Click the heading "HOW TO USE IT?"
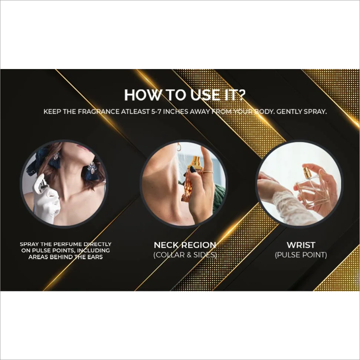(x=185, y=95)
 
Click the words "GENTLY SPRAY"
(x=301, y=112)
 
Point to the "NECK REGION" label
(x=185, y=245)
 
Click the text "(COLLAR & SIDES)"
(x=185, y=255)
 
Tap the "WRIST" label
(x=301, y=245)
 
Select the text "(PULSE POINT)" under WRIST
(x=301, y=255)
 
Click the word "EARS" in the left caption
(x=95, y=257)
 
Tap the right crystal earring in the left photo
(x=92, y=168)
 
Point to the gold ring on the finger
(x=208, y=172)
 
